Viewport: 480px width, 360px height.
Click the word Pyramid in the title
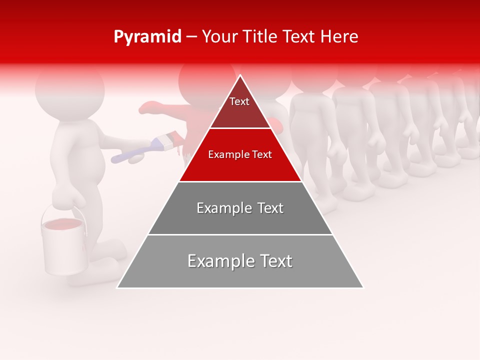pos(147,37)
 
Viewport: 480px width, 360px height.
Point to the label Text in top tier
pos(239,101)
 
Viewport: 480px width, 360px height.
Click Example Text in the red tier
pos(240,154)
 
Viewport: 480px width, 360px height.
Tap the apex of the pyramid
pos(240,76)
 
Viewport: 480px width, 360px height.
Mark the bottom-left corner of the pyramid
pos(117,287)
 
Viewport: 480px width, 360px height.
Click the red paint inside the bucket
pos(63,224)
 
